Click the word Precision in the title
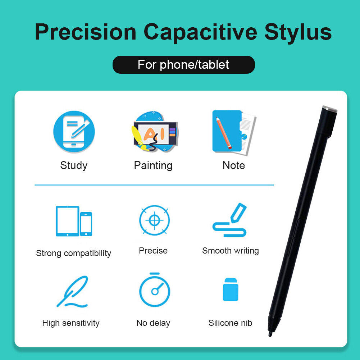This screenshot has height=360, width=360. click(x=86, y=32)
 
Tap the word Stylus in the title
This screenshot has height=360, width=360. click(x=298, y=32)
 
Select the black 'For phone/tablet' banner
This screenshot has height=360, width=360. click(x=184, y=65)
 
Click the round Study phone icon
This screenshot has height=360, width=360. click(x=74, y=132)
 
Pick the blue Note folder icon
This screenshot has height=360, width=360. click(x=234, y=132)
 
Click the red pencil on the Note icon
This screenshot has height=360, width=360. click(x=224, y=133)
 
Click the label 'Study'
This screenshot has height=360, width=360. click(x=74, y=165)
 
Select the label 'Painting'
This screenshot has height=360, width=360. click(x=153, y=165)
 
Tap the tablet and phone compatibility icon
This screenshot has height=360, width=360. click(x=74, y=221)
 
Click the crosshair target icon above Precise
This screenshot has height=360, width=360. click(x=155, y=220)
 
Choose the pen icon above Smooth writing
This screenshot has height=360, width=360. click(x=229, y=220)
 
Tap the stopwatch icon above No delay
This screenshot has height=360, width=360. click(x=155, y=290)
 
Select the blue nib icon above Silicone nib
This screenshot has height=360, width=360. click(x=231, y=289)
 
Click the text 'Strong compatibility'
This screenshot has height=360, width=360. click(x=74, y=253)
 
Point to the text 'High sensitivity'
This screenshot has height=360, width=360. click(x=71, y=323)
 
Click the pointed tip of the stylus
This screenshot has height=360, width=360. click(x=270, y=336)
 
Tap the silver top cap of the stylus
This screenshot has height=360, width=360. click(x=330, y=109)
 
